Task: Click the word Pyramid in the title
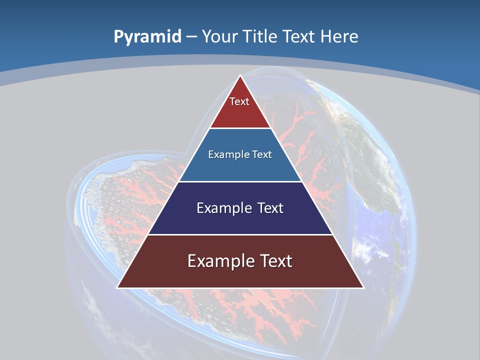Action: [x=147, y=36]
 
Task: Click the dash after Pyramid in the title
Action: [x=191, y=37]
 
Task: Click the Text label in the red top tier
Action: [x=239, y=101]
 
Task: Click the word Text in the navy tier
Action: [x=270, y=208]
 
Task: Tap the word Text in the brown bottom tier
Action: [x=274, y=261]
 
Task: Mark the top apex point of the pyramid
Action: [x=240, y=76]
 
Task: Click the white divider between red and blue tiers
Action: [x=240, y=128]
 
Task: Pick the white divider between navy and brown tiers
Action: [x=240, y=234]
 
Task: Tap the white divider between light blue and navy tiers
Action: [x=240, y=181]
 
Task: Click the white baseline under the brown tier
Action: [x=240, y=288]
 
